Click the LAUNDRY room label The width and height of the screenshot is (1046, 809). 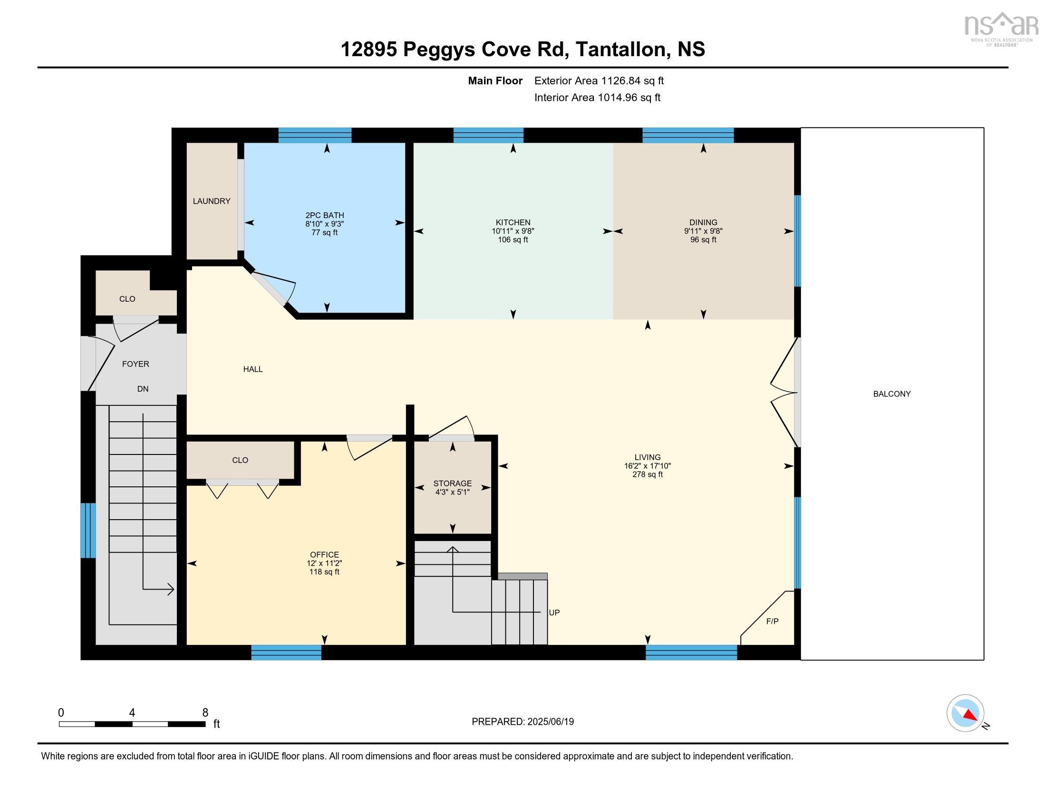211,201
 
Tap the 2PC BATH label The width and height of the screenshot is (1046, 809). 325,216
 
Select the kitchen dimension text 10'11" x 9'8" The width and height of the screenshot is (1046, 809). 513,231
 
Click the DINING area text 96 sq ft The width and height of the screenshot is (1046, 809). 703,240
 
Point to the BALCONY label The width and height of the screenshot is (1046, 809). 891,394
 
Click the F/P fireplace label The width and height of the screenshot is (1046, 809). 772,622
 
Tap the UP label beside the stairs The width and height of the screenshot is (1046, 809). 554,612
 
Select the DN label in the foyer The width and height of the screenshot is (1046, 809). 143,389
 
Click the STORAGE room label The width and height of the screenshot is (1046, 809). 452,483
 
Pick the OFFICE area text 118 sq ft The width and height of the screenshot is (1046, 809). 324,572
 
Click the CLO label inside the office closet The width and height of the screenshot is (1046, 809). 240,460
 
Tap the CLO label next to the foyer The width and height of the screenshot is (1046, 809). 127,299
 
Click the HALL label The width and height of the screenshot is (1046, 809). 252,369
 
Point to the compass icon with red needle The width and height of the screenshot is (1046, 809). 965,713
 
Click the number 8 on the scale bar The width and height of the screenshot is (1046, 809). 205,713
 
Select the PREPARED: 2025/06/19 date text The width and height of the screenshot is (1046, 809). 523,722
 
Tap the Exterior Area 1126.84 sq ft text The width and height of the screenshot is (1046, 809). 599,81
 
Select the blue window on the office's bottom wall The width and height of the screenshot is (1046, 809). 286,652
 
